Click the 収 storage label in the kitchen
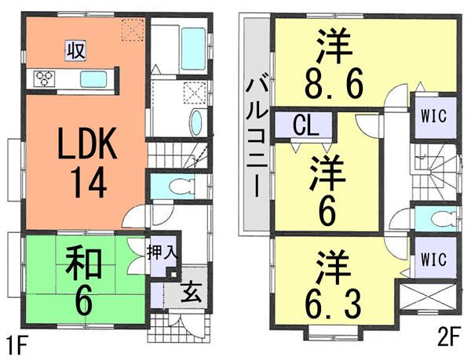[x=75, y=51]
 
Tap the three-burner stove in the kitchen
[x=44, y=78]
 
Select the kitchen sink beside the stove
[x=94, y=78]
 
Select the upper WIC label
[x=433, y=115]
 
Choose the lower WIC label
[x=433, y=258]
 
